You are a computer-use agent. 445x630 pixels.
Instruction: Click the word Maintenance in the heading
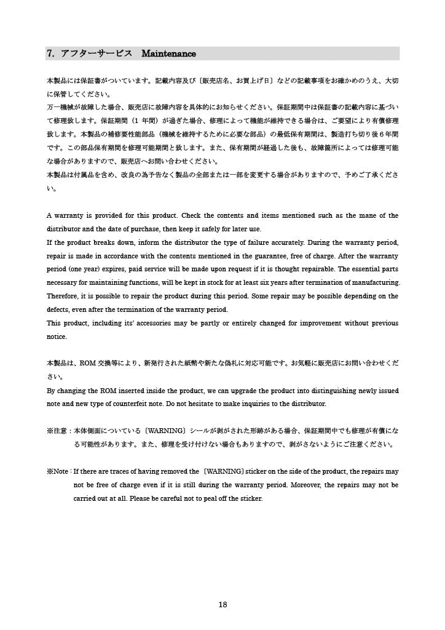pos(168,55)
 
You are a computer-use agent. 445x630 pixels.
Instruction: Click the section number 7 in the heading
pos(49,55)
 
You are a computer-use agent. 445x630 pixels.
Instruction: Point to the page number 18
pos(223,605)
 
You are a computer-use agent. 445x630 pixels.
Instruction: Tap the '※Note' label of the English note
pos(58,471)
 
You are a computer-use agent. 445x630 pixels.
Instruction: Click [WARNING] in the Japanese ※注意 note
pos(162,431)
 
